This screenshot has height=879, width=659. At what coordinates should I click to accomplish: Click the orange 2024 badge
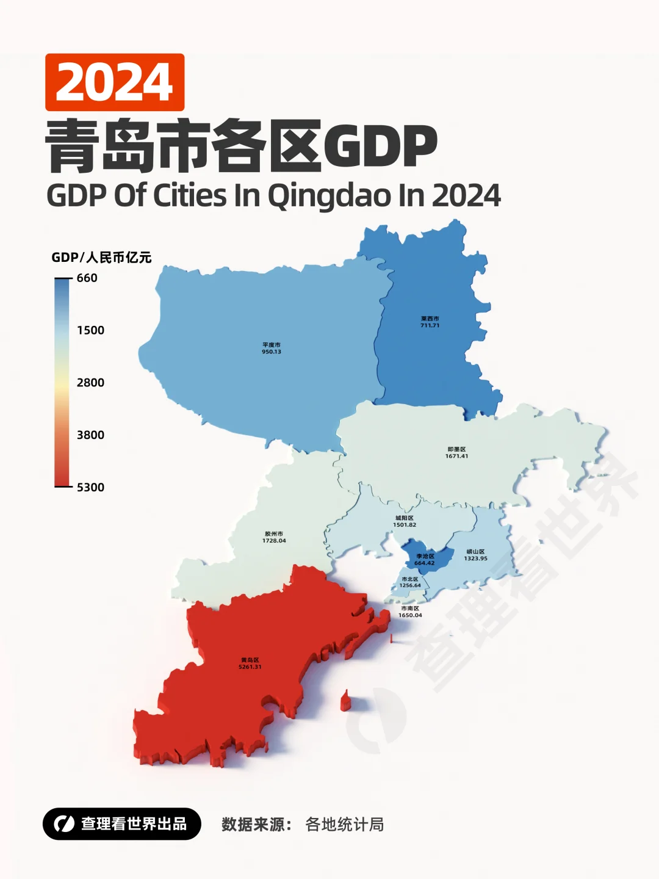[x=115, y=82]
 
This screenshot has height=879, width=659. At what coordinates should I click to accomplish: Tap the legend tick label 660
[x=87, y=278]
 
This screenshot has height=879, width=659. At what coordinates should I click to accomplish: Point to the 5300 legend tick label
[x=90, y=487]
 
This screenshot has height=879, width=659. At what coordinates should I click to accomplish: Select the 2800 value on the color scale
[x=90, y=383]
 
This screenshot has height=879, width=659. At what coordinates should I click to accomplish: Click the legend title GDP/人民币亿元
[x=101, y=258]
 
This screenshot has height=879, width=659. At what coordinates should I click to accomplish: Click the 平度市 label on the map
[x=272, y=348]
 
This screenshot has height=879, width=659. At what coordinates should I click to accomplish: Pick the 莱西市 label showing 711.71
[x=430, y=322]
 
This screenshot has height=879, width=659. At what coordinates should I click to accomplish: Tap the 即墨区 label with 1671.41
[x=456, y=452]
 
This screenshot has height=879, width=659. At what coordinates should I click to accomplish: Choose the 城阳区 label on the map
[x=405, y=521]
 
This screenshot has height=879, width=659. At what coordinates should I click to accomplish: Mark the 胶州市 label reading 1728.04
[x=274, y=537]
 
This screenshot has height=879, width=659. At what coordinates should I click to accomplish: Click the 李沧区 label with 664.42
[x=425, y=560]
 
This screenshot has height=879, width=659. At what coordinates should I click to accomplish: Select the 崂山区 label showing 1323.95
[x=475, y=555]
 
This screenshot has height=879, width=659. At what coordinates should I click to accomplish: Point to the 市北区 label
[x=410, y=582]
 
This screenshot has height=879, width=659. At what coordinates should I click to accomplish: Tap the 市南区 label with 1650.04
[x=410, y=612]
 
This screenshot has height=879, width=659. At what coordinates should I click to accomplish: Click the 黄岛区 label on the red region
[x=250, y=663]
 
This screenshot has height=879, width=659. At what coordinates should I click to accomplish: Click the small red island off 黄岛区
[x=345, y=701]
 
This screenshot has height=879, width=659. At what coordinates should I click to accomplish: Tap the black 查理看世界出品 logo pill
[x=122, y=824]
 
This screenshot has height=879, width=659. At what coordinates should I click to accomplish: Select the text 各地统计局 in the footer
[x=344, y=825]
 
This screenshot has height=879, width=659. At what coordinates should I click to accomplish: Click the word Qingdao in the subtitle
[x=329, y=197]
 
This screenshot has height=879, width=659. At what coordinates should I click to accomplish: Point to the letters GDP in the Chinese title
[x=380, y=146]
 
